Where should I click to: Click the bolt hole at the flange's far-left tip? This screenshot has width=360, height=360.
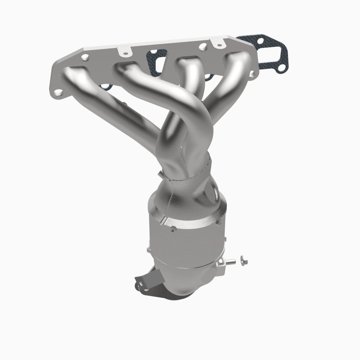coord(58,92)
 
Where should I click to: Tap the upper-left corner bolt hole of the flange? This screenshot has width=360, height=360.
coord(85,57)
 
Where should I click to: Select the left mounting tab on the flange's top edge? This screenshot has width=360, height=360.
coord(124,53)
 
